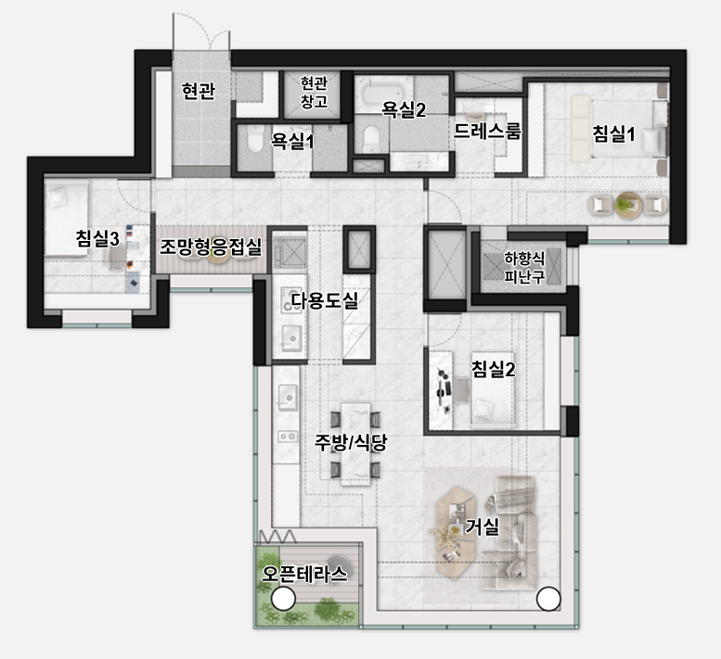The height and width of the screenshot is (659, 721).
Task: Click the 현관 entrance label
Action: click(x=199, y=91)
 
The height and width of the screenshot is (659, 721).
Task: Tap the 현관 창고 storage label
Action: click(x=314, y=93)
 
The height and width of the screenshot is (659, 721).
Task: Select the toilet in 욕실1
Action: click(x=254, y=139)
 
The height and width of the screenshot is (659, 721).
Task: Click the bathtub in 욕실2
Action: click(x=383, y=92)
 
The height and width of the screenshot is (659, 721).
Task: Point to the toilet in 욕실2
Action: click(x=371, y=139)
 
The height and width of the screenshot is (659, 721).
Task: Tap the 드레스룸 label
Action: click(x=487, y=132)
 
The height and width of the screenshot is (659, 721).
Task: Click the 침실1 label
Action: click(x=613, y=134)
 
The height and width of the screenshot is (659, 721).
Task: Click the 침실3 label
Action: click(x=97, y=238)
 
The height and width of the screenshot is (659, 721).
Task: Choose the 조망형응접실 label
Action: click(x=211, y=247)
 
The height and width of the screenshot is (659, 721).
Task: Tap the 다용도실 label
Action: click(x=325, y=300)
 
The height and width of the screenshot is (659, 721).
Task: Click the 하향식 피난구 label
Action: click(x=524, y=267)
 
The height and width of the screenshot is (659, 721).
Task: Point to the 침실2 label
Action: click(x=494, y=368)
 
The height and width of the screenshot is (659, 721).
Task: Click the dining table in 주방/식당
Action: click(x=355, y=444)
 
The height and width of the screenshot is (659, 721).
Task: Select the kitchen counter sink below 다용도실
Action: click(x=288, y=397)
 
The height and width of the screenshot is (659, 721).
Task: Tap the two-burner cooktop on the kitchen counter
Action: click(x=288, y=436)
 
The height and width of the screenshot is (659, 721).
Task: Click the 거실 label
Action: click(x=482, y=526)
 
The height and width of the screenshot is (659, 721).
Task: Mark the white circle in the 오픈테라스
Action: click(x=283, y=599)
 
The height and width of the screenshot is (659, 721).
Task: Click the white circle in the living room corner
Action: click(x=548, y=599)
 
